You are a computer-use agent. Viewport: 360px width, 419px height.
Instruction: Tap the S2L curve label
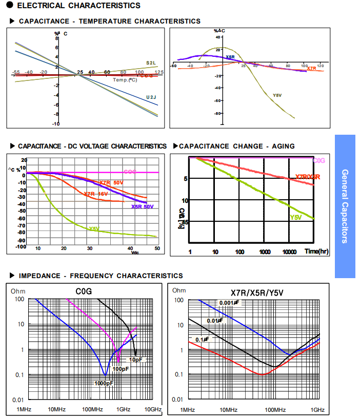151,62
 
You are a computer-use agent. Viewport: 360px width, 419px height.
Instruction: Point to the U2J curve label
151,97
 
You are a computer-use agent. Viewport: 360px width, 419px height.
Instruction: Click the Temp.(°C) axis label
125,80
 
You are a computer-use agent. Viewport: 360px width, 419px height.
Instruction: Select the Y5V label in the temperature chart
277,95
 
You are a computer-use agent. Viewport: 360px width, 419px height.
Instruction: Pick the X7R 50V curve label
111,183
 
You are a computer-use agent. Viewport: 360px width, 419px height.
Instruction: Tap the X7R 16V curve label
96,194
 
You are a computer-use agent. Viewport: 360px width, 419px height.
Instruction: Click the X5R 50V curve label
143,207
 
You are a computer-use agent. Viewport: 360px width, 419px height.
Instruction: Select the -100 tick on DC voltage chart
20,246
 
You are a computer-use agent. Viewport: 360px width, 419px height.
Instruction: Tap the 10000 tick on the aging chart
290,252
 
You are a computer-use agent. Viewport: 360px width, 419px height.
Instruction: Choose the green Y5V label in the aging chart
296,218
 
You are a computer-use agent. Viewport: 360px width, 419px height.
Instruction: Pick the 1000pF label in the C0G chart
104,383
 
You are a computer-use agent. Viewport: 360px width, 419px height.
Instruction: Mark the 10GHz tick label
153,410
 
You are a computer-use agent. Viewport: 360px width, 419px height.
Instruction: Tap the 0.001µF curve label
229,303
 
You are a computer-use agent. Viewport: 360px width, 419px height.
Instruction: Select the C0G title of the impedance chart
84,291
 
